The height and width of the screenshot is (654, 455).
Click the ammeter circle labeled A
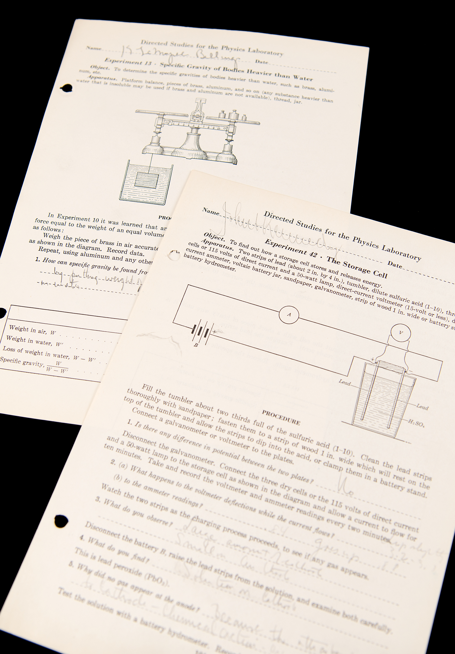(x=289, y=315)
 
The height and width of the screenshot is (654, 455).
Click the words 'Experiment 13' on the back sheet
(x=124, y=62)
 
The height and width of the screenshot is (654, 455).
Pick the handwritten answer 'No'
(x=347, y=489)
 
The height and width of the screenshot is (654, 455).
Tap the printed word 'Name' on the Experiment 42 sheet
(x=211, y=212)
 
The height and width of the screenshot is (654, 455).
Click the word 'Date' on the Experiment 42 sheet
(x=395, y=264)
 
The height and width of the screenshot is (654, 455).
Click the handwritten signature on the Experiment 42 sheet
(x=275, y=229)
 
